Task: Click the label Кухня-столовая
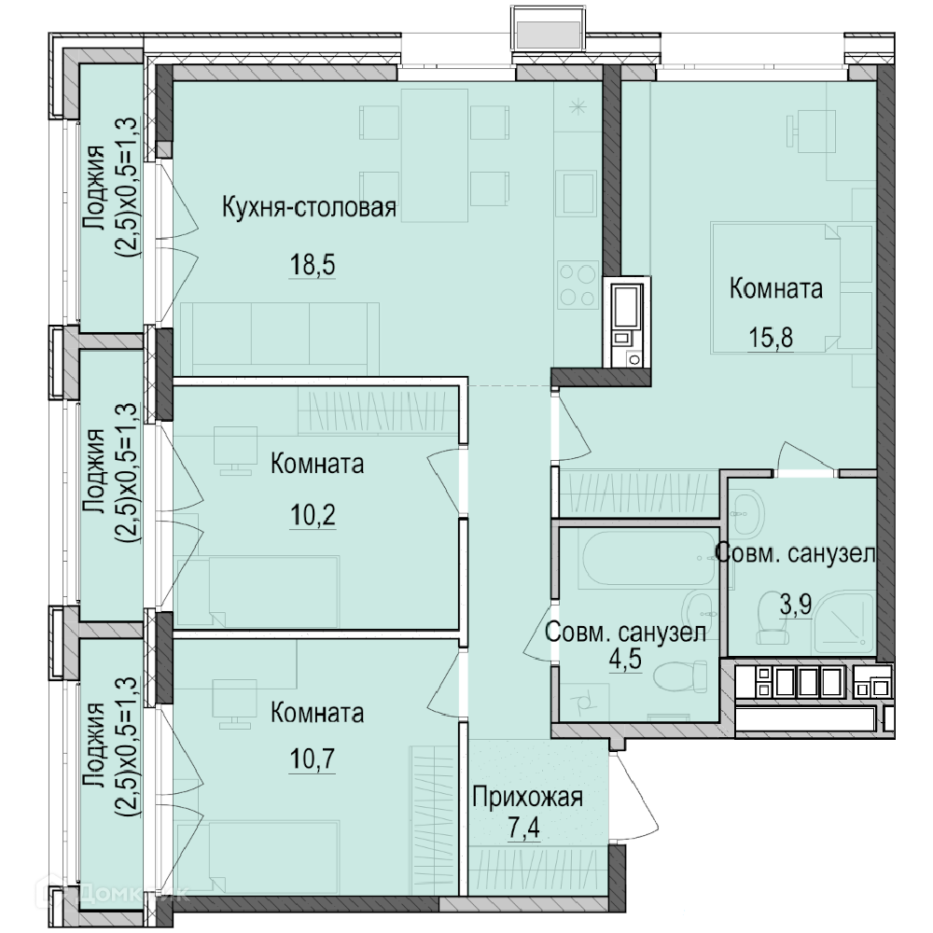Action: [x=309, y=208]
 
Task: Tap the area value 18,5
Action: [x=313, y=264]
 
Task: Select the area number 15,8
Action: [x=771, y=338]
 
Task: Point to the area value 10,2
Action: [x=313, y=515]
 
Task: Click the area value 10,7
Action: [x=313, y=759]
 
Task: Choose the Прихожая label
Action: [x=528, y=798]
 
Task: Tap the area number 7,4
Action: [x=523, y=828]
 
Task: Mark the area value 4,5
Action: [x=625, y=659]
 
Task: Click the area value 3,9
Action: [x=796, y=605]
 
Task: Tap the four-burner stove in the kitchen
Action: [x=578, y=285]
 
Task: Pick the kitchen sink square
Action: [x=576, y=193]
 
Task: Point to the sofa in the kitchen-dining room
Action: [x=280, y=339]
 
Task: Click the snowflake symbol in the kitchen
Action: [x=578, y=107]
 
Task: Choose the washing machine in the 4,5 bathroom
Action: [x=584, y=703]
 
